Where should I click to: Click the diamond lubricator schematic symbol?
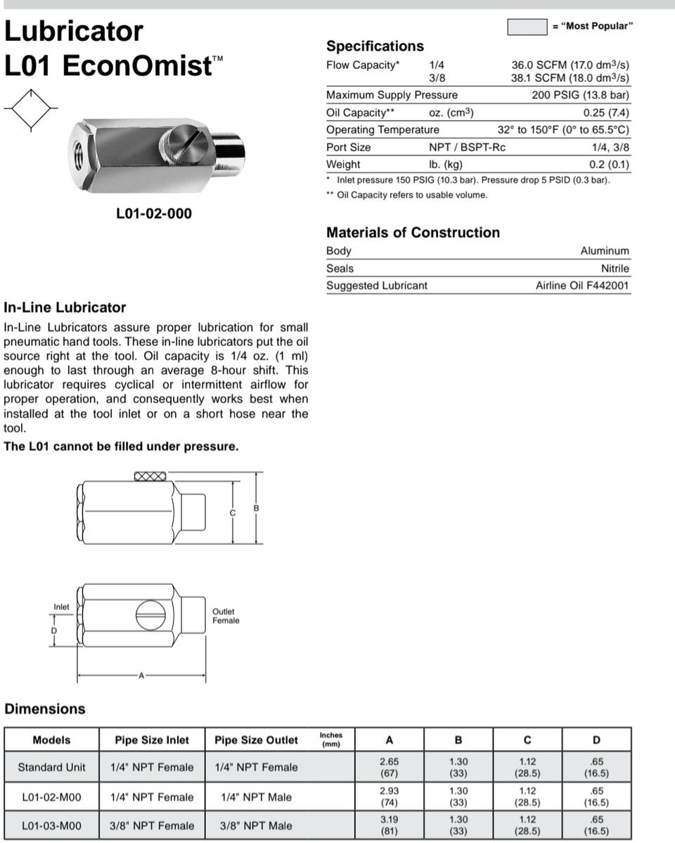[30, 109]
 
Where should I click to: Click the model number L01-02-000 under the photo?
[153, 213]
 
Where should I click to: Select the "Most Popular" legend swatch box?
[527, 27]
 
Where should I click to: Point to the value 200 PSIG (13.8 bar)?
[580, 95]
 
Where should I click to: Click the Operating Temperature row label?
[382, 130]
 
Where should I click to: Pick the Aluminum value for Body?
[605, 251]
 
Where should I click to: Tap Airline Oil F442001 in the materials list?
[582, 285]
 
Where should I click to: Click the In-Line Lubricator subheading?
[65, 307]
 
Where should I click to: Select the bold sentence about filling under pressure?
[121, 446]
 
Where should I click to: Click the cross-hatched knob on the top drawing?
[150, 476]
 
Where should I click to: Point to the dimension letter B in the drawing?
[257, 508]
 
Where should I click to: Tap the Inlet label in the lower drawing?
[62, 607]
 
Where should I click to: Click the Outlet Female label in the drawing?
[226, 616]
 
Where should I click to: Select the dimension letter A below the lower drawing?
[141, 676]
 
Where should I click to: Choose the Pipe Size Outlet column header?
[256, 740]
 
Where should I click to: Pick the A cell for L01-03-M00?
[389, 825]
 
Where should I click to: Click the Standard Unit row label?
[51, 767]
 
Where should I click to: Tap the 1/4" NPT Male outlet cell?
[256, 797]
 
